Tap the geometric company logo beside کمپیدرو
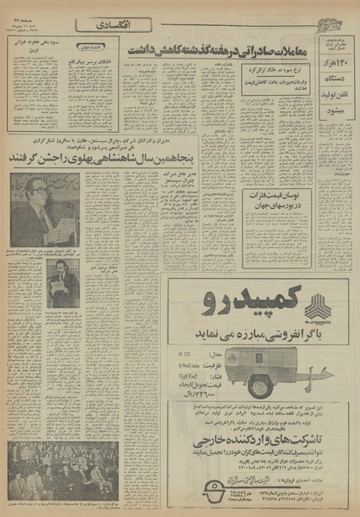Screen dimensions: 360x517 click(x=317, y=306)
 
